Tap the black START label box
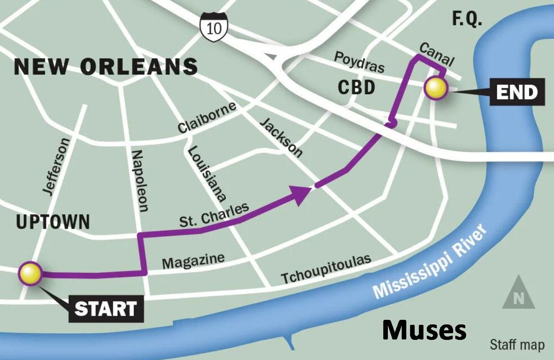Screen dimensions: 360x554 105,309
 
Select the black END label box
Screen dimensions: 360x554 517,92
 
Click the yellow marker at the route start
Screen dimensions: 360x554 30,273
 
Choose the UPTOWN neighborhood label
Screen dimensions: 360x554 53,222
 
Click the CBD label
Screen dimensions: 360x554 356,88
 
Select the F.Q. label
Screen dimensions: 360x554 467,19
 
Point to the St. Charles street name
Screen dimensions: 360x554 214,214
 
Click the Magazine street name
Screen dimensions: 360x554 193,260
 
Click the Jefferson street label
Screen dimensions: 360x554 56,166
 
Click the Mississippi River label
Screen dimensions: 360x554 431,261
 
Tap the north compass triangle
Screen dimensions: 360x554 518,293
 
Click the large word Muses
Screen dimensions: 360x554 424,331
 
